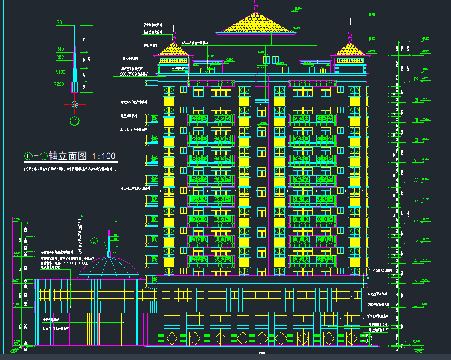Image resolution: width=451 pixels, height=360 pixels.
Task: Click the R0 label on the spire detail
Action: tap(60, 22)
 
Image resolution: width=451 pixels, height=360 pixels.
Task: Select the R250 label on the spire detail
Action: tap(58, 84)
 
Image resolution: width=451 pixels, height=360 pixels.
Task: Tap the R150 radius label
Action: tap(60, 72)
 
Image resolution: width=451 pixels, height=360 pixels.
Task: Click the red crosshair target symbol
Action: tap(75, 104)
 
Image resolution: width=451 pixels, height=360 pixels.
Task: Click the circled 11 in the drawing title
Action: tap(28, 156)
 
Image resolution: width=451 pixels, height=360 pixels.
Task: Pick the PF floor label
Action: tap(416, 80)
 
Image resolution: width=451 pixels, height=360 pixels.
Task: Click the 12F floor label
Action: tap(416, 100)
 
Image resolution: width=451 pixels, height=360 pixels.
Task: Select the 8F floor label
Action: tap(416, 180)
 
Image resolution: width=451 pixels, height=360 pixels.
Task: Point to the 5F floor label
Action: tap(416, 241)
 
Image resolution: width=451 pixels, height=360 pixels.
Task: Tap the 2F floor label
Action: tap(416, 305)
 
